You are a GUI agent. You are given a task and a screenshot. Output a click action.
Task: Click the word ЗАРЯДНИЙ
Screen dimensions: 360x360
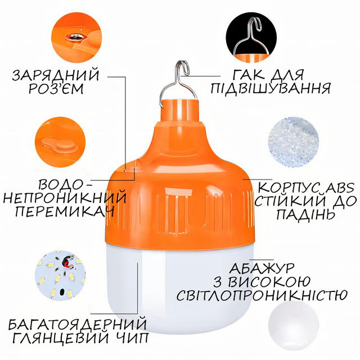tap(56, 74)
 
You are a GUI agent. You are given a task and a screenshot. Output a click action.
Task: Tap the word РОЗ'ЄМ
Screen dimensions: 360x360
tap(56, 89)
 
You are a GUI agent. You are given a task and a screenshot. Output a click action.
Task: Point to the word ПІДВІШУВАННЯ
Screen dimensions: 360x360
tap(271, 88)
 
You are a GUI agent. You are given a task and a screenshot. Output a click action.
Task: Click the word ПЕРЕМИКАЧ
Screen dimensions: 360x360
tap(65, 211)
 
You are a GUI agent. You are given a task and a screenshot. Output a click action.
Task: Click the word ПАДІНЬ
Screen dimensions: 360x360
tap(305, 214)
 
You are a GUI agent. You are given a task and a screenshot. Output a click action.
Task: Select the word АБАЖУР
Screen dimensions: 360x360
tap(262, 268)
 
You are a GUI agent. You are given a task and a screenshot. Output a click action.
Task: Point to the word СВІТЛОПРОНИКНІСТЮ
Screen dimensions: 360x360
tap(262, 295)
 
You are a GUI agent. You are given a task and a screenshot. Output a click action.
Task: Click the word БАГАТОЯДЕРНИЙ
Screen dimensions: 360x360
tap(78, 324)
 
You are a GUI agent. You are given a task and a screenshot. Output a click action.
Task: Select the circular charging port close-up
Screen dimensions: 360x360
tap(76, 37)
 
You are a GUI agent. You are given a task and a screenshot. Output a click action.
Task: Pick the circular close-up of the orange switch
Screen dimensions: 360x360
tap(60, 142)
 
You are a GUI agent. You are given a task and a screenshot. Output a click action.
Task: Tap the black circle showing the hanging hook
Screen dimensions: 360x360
tap(251, 37)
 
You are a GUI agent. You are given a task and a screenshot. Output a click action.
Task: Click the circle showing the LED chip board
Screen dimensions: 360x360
tap(60, 275)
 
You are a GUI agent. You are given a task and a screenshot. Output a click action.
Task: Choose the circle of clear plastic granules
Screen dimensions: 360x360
tap(294, 142)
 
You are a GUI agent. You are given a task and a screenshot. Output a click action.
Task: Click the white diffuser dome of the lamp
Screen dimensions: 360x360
tap(179, 287)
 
